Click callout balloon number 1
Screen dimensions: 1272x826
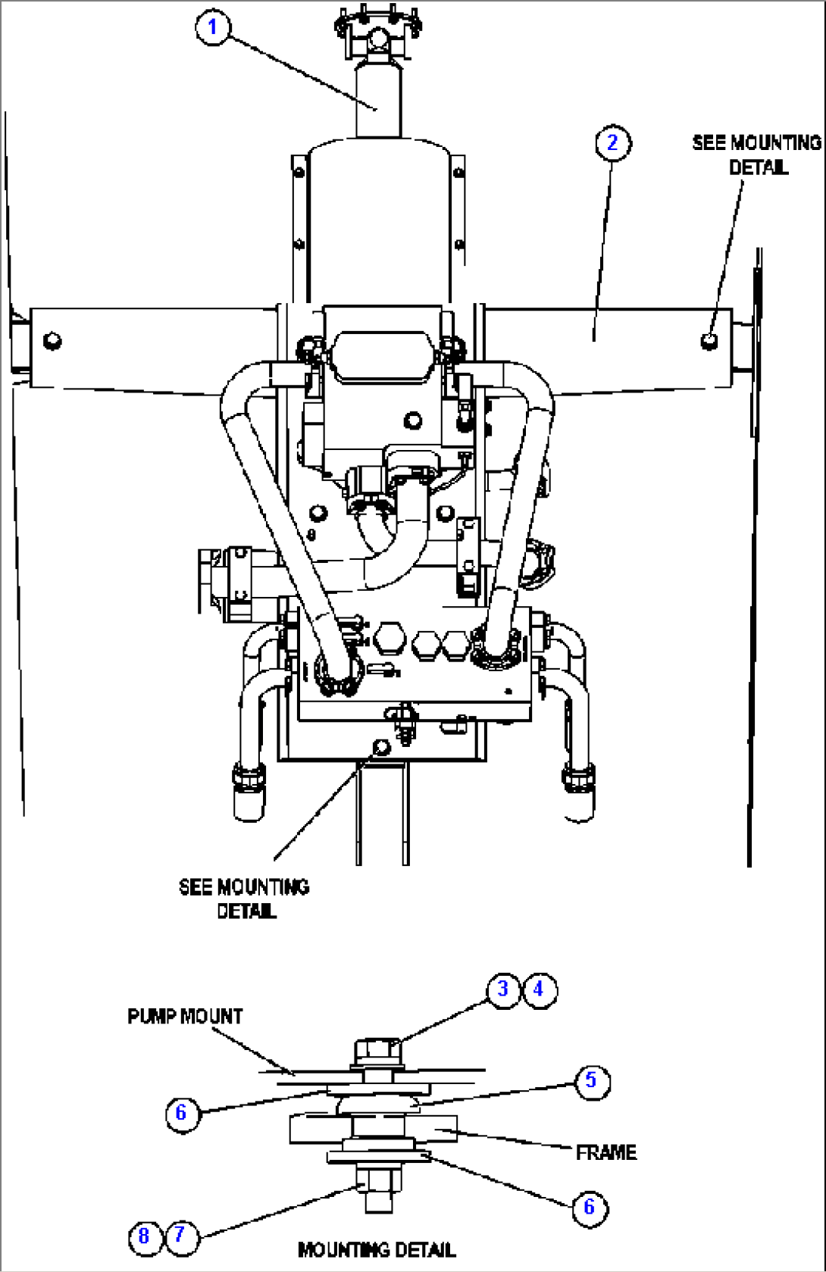point(213,27)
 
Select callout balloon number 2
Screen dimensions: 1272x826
point(612,142)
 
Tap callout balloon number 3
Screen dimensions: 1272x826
point(503,989)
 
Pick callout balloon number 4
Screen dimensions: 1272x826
point(539,989)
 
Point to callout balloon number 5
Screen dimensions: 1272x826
point(591,1080)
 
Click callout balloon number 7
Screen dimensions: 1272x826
point(180,1236)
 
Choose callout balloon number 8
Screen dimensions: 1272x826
point(144,1236)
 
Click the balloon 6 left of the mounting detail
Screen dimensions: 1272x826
point(181,1112)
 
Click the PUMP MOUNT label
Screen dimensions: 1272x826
point(185,1016)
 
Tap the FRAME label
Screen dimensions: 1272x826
point(605,1152)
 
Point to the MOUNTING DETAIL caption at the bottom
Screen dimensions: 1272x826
point(377,1249)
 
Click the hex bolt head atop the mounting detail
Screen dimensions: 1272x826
point(377,1050)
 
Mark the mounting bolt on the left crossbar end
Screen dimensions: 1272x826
point(52,340)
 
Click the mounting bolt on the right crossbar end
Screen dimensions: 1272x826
point(709,340)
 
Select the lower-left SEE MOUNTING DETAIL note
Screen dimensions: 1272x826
point(244,898)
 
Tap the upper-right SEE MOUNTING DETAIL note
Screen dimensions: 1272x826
point(756,154)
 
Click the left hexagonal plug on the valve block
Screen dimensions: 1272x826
point(387,638)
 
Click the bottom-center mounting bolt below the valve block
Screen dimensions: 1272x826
point(381,748)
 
